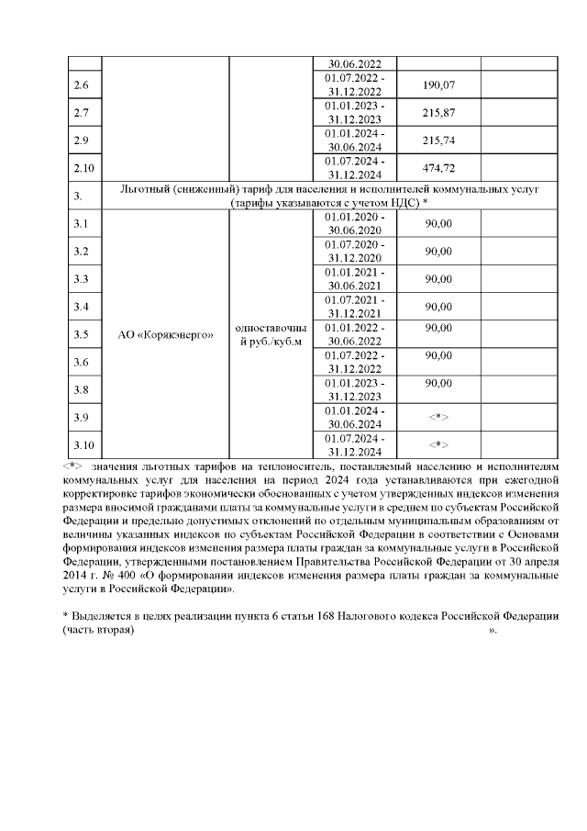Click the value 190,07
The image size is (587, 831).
point(438,85)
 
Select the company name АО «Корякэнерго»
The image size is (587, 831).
point(165,334)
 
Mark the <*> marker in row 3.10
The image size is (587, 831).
point(438,445)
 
